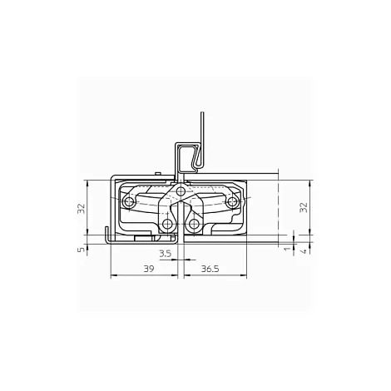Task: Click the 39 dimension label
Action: pos(149,269)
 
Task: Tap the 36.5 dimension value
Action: pos(210,269)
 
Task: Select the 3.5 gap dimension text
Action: pos(166,254)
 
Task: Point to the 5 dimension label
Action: pos(81,250)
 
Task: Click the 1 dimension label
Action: pos(288,249)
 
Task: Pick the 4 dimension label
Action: pos(304,251)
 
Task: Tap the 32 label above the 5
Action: pos(81,209)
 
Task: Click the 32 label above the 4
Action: pos(304,207)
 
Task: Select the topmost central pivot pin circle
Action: pos(181,191)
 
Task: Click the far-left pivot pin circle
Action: pos(129,202)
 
